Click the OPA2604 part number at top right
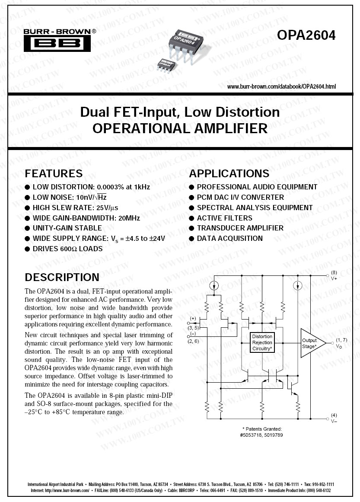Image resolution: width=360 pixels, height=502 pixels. point(306,35)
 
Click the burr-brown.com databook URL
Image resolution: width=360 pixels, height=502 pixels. point(281,86)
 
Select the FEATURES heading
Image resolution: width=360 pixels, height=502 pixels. point(54,174)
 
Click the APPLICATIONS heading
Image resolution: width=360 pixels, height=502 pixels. point(229,174)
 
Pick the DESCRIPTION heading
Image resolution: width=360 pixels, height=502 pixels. point(62,277)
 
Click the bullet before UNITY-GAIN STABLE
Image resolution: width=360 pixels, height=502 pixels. point(28,228)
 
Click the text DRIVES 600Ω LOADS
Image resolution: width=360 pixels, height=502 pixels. point(67,249)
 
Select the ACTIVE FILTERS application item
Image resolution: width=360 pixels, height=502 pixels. point(224,218)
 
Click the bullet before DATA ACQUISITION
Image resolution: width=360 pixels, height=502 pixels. point(192,239)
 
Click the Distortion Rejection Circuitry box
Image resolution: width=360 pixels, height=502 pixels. point(262,342)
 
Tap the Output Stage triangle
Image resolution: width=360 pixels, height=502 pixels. point(310,343)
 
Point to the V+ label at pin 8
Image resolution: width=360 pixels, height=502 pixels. point(334,278)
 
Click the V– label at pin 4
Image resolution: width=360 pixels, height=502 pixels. point(334,421)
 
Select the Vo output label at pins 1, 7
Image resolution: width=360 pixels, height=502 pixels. point(339,346)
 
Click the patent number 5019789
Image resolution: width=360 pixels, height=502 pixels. point(274,435)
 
